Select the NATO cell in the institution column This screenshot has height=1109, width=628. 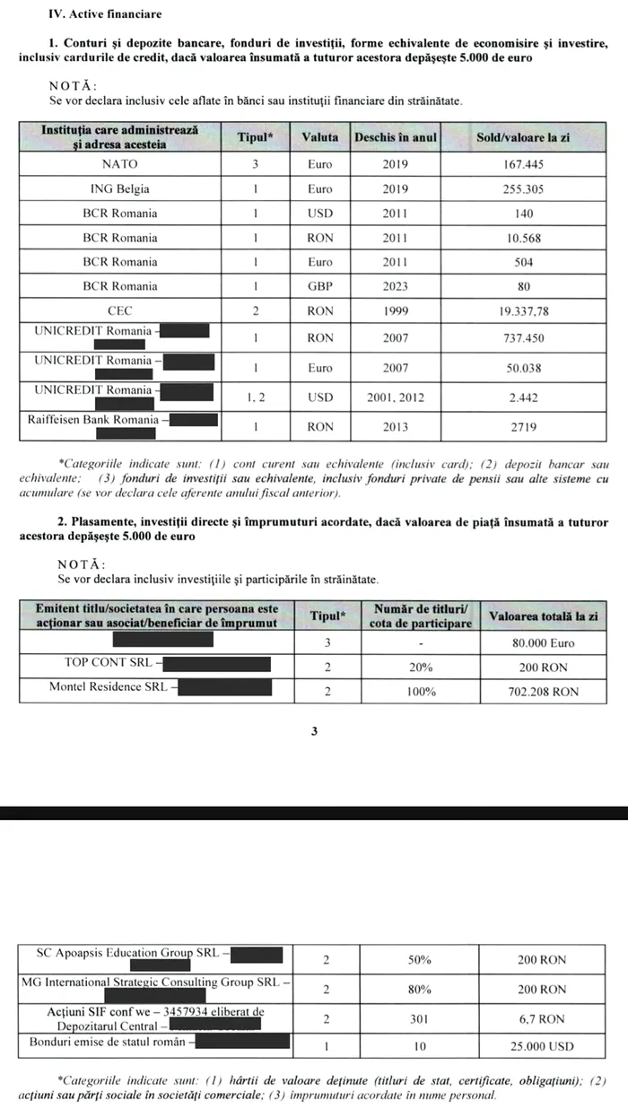click(119, 165)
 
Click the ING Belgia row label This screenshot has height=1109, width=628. click(119, 189)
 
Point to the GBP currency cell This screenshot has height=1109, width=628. click(319, 286)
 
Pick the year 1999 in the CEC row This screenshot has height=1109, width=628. click(395, 310)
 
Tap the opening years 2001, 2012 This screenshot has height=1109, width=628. click(395, 397)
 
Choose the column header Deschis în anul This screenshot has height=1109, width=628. click(395, 137)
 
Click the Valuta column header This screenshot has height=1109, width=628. click(319, 137)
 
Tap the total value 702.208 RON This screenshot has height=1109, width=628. click(542, 692)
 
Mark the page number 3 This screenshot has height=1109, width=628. click(314, 731)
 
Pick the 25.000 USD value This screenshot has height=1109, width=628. click(542, 1046)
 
